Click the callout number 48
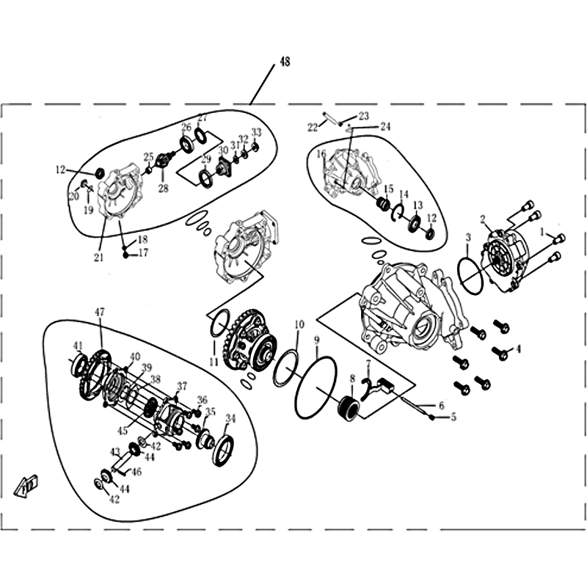coord(285,62)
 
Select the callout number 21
coord(98,258)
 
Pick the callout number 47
coord(100,312)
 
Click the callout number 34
coord(230,418)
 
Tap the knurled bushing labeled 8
coord(349,409)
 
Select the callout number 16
coord(321,154)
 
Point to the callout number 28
coord(163,188)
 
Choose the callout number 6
coord(442,406)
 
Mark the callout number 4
coord(518,349)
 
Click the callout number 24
coord(385,126)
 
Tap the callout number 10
coord(299,324)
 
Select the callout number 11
coord(214,362)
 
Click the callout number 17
coord(143,253)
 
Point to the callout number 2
coord(483,219)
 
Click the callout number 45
coord(123,431)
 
